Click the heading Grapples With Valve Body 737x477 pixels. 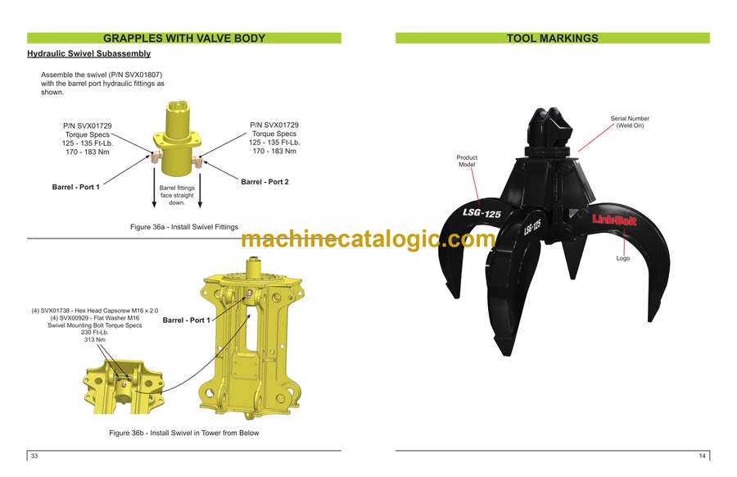[183, 38]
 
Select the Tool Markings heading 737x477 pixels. [552, 38]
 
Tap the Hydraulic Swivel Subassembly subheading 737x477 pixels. [88, 54]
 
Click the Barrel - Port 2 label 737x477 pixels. [265, 182]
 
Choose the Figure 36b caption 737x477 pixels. [183, 433]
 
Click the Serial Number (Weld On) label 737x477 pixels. [630, 123]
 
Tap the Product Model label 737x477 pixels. [467, 161]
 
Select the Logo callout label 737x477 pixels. [623, 258]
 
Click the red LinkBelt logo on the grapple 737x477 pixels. [614, 219]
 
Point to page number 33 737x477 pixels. [34, 456]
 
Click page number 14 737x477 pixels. [702, 456]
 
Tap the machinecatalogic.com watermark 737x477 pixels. [368, 239]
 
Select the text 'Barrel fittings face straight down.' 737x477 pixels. [177, 195]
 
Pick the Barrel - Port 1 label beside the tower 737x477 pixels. [186, 320]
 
